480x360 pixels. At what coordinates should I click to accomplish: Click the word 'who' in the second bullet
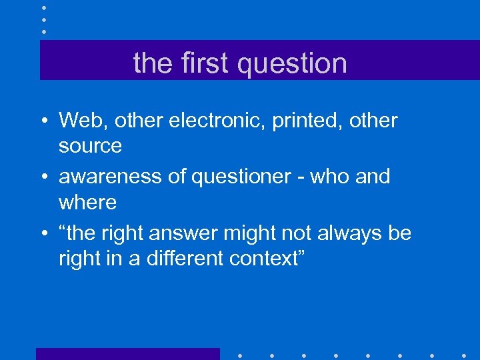point(322,177)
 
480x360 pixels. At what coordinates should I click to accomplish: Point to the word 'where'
point(87,202)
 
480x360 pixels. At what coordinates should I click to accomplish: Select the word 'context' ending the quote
point(270,259)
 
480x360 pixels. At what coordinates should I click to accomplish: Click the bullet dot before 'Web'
point(42,121)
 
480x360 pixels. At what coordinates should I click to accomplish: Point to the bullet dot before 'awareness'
point(42,177)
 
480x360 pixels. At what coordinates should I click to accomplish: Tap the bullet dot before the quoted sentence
point(42,234)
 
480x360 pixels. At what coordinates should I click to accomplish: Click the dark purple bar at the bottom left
point(127,353)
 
